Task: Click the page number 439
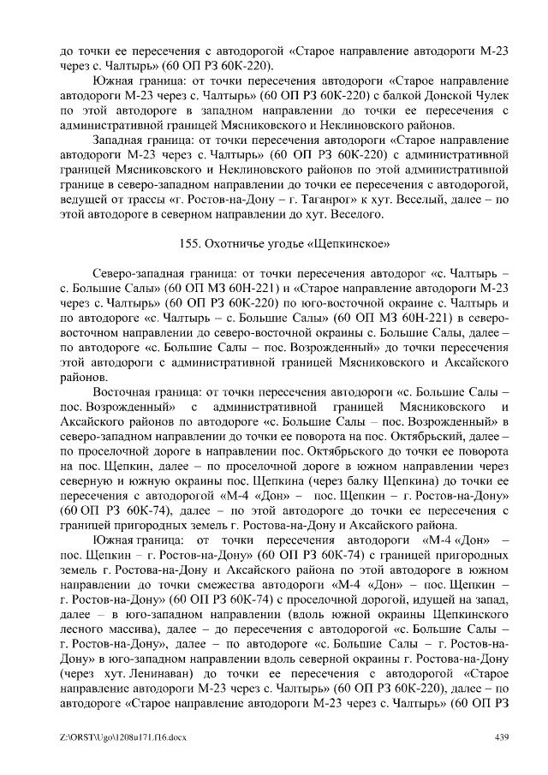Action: [503, 737]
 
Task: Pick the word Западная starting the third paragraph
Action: [123, 140]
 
